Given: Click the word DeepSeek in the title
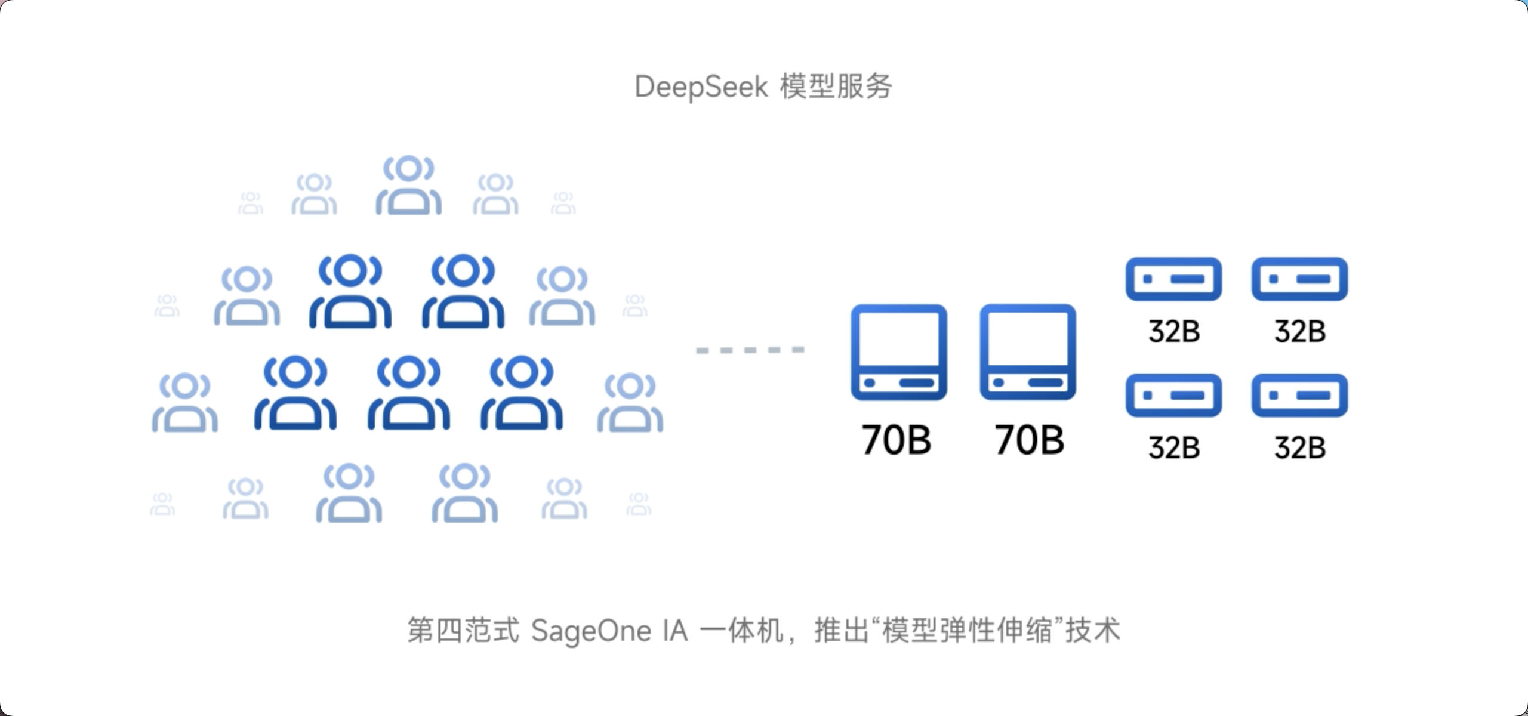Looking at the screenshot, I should [701, 87].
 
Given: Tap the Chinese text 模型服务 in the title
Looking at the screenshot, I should [836, 87].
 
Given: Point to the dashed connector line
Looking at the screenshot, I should [750, 350].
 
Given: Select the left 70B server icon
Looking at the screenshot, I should [898, 352].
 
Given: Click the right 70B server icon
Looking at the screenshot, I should [1027, 352].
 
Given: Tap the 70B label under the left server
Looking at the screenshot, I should [896, 440].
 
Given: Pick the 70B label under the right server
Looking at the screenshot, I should [1029, 440].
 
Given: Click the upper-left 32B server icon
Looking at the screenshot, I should [1173, 279].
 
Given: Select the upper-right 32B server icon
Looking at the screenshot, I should [1299, 279].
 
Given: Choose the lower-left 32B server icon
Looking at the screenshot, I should [1173, 395].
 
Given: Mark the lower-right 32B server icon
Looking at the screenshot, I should [1299, 395].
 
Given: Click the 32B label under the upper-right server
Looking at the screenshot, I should [1300, 331].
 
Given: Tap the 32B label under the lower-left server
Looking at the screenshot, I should [1173, 447].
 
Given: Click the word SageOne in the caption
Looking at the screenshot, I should [590, 631].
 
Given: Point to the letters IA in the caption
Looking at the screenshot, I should [674, 631].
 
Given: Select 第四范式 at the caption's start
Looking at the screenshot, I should [463, 631].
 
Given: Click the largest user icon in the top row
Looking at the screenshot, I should [408, 185].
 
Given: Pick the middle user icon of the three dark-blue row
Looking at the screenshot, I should [408, 393].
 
